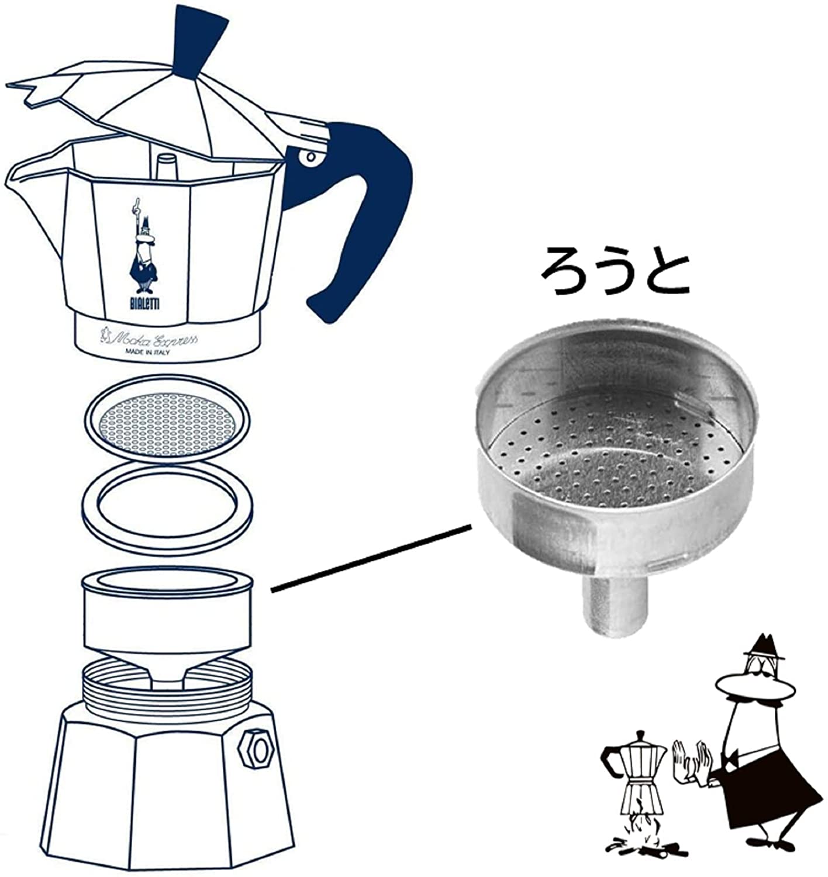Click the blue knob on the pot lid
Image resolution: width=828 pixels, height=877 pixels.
click(199, 42)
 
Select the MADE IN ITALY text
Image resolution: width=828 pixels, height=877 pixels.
click(147, 352)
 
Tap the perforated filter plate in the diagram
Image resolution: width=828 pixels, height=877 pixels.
click(167, 419)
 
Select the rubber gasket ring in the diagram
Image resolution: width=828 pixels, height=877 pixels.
click(167, 508)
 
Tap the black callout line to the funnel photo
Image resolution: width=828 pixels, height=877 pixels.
click(371, 558)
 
